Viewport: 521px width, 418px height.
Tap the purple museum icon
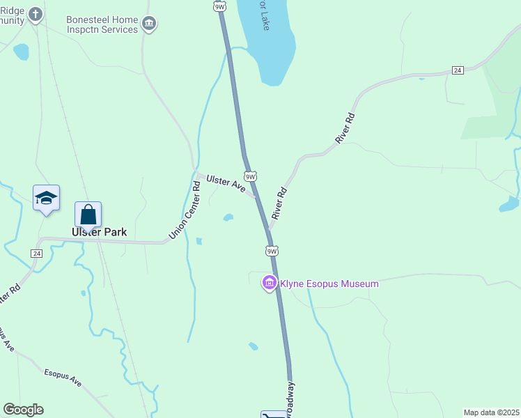[x=269, y=283]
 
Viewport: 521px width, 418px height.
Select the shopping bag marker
[x=88, y=215]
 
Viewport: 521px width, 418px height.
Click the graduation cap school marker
[x=46, y=198]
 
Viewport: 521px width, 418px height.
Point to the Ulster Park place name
[x=100, y=232]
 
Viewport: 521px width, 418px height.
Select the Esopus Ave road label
[x=63, y=378]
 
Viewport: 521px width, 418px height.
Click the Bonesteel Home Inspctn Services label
[x=102, y=25]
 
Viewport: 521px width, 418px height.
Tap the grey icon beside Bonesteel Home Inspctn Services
[x=149, y=24]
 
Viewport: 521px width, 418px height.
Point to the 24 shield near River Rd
[x=458, y=70]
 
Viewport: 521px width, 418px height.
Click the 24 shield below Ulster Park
[x=36, y=253]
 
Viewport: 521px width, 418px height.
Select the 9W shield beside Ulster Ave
[x=251, y=176]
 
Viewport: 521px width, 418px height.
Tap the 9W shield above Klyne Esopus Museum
[x=272, y=251]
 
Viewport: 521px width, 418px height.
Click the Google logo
[x=23, y=410]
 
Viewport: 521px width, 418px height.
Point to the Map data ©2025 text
[x=492, y=412]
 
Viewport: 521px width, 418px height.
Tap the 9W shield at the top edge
[x=220, y=6]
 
